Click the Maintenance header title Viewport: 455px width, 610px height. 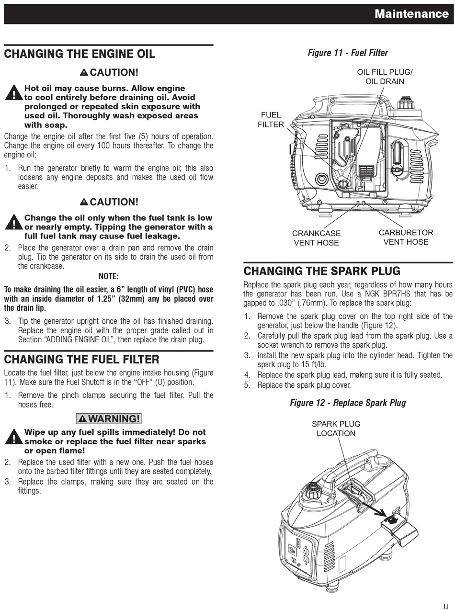click(x=411, y=14)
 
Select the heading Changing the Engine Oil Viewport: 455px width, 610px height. click(x=80, y=54)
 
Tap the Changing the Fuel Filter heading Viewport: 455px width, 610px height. click(x=81, y=359)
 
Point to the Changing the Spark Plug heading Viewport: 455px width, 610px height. click(x=321, y=271)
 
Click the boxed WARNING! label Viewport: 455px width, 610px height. click(x=109, y=418)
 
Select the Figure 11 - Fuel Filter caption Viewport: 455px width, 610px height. click(x=348, y=53)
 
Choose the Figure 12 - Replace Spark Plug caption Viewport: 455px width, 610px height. click(x=348, y=403)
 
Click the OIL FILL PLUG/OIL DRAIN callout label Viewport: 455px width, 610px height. click(x=385, y=77)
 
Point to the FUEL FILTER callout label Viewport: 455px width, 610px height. click(x=271, y=120)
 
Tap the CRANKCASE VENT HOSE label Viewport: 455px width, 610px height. click(x=316, y=238)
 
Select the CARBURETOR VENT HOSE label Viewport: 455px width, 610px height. click(x=406, y=237)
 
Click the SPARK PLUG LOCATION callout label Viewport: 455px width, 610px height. click(x=336, y=429)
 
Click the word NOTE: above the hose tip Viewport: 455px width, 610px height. click(x=108, y=276)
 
